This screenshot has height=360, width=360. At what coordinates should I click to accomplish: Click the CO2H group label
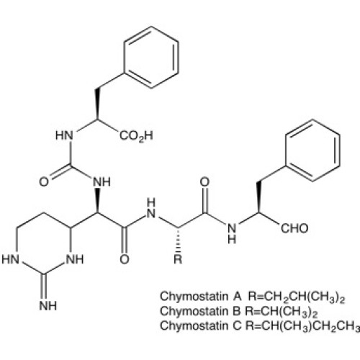coord(136,136)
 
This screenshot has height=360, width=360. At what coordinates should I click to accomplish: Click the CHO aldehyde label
coord(294,228)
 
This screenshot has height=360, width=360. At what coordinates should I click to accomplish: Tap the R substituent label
coord(178,259)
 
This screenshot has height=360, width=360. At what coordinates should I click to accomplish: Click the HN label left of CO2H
coord(64,135)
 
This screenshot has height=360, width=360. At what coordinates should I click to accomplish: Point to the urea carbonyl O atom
coord(44,181)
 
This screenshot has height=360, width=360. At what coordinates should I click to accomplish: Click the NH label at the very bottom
coord(48,306)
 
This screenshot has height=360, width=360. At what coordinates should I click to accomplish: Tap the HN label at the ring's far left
coord(10,259)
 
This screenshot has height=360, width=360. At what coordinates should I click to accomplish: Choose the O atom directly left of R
coord(125,259)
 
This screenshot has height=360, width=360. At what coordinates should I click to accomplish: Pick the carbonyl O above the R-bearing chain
coord(204,182)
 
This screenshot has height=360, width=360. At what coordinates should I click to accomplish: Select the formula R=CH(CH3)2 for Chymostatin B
coord(282,312)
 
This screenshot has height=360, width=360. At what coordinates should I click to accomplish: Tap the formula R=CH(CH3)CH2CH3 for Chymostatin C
coord(302,326)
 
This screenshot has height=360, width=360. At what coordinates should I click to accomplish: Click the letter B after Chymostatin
coord(237,311)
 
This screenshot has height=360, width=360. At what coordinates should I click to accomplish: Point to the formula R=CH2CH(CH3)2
coord(297,297)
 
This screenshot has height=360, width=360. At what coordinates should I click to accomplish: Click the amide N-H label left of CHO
coord(232,233)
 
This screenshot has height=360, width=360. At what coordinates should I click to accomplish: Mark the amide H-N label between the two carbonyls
coord(151,208)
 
